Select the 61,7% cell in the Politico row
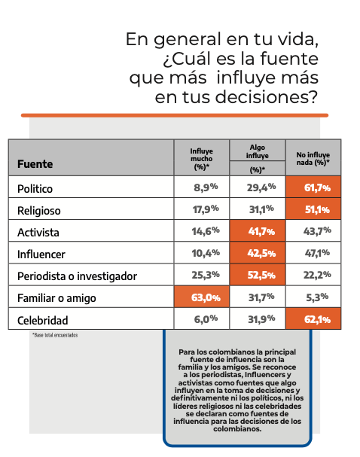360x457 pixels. coord(314,187)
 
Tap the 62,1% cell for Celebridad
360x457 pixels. coord(314,319)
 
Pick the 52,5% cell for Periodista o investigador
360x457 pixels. coord(258,276)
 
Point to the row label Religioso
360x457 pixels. coord(41,209)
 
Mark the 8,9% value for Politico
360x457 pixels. coord(205,187)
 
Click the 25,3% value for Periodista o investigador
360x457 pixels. coord(205,276)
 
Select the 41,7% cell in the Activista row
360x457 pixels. coord(258,231)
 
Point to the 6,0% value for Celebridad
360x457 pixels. coord(205,319)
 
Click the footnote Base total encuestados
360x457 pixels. coord(54,335)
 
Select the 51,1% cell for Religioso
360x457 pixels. coord(314,209)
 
